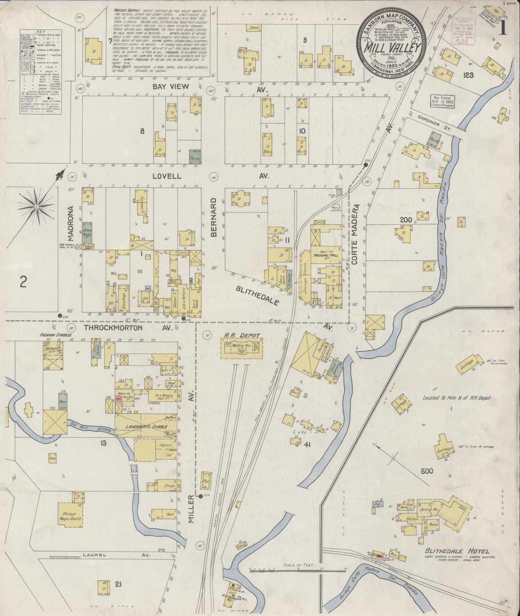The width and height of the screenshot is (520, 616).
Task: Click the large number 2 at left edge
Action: tap(23, 283)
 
